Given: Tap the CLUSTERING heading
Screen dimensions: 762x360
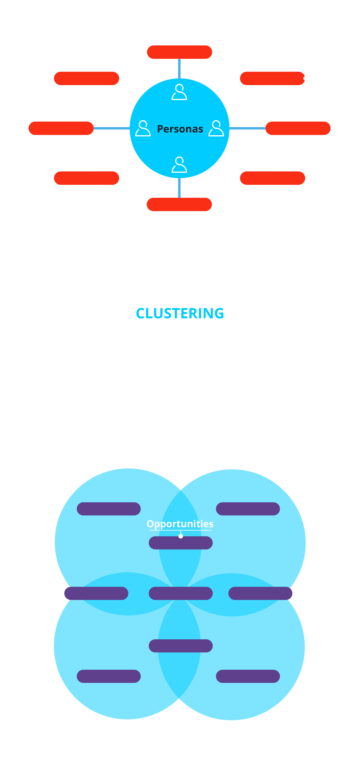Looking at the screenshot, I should tap(180, 313).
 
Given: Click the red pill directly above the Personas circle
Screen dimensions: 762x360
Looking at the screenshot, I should tap(179, 52).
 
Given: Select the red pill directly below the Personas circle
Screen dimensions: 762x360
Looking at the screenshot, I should tap(179, 204).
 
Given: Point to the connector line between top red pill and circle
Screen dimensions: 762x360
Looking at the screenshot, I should tap(179, 69).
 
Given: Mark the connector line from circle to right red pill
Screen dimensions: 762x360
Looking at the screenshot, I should tap(247, 128).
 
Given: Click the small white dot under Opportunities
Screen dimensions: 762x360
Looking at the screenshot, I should tap(181, 536).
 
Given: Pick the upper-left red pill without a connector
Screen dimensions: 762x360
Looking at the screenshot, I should tap(86, 78).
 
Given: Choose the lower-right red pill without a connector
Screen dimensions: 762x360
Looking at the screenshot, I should tap(272, 178).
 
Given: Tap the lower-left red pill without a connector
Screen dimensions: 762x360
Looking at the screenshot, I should tap(86, 178).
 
